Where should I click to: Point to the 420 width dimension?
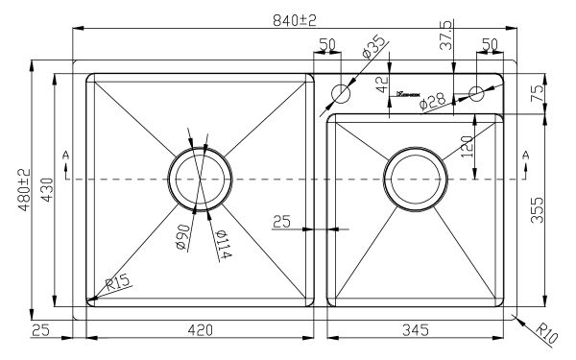(x=199, y=331)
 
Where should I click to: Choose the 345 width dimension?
(x=413, y=331)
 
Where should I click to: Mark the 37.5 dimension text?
(x=444, y=32)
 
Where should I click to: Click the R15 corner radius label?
(x=118, y=284)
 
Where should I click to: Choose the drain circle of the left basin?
(x=200, y=179)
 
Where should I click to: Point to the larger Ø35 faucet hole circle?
(x=341, y=93)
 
